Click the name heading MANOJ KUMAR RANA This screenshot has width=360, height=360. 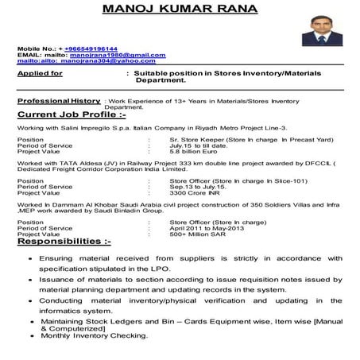point(180,10)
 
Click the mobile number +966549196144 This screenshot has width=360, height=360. point(95,48)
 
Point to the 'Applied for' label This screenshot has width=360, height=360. point(41,73)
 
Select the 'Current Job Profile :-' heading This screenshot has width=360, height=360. point(72,116)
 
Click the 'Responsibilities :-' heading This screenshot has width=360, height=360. point(70,239)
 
